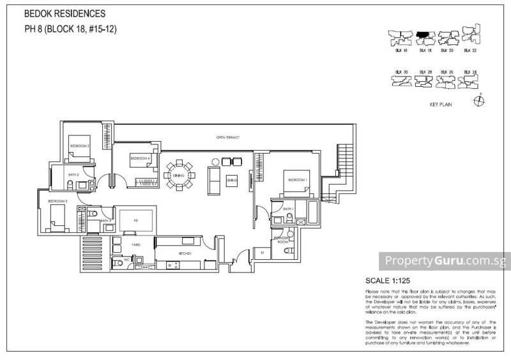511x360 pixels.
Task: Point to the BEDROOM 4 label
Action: [140, 158]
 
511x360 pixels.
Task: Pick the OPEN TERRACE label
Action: [227, 137]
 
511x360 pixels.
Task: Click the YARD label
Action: [136, 244]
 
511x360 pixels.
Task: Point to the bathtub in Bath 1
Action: [312, 210]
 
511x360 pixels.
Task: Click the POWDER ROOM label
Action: [283, 239]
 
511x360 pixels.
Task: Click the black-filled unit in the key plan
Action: [422, 36]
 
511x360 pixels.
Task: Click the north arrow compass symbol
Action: [479, 101]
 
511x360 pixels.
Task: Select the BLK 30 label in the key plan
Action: [401, 71]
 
